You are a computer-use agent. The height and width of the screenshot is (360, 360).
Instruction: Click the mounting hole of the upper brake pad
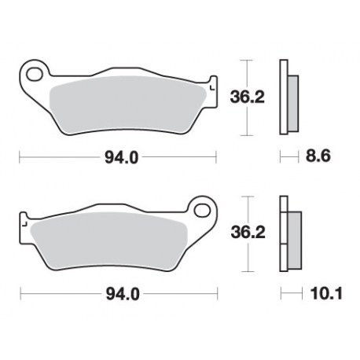point(33,75)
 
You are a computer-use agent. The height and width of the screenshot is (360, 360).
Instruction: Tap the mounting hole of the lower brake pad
point(204,211)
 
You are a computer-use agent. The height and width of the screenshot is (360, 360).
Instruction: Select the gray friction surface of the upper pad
point(126,100)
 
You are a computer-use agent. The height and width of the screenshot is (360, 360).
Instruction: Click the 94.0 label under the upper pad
point(122,157)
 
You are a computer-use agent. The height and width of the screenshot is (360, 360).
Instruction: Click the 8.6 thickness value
point(318,157)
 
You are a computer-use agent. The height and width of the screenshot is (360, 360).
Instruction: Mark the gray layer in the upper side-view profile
point(291,98)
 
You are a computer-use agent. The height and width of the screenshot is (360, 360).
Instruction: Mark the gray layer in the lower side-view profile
point(293,233)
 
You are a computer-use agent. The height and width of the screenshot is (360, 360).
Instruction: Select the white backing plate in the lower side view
point(284,233)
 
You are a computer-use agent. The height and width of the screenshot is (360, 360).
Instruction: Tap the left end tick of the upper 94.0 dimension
point(19,157)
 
